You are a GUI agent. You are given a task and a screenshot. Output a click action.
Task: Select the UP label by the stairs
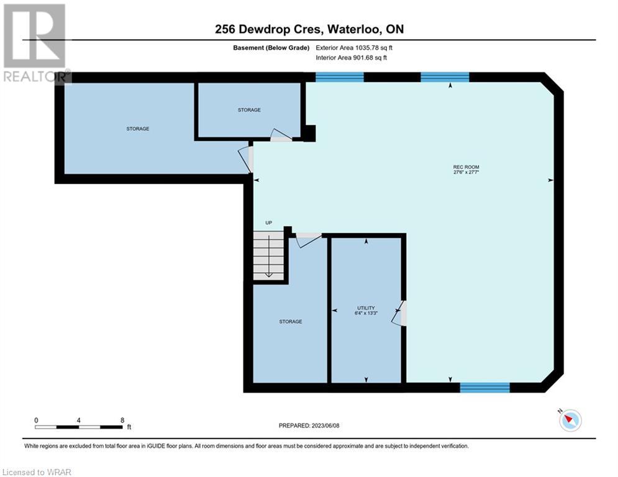tap(268, 223)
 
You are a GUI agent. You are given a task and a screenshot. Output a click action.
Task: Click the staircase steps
tap(268, 255)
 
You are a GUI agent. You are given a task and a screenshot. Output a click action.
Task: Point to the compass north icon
tap(570, 420)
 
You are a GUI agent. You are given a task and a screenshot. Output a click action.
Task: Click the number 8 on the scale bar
tap(122, 420)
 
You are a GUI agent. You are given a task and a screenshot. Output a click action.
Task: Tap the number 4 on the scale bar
tap(79, 420)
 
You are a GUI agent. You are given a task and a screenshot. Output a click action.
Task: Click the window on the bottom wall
tap(485, 388)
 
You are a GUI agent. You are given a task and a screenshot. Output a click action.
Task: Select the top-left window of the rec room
tap(340, 77)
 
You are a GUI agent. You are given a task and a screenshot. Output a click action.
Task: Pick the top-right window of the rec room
tap(445, 77)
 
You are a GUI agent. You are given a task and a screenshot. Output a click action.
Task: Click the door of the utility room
tap(399, 314)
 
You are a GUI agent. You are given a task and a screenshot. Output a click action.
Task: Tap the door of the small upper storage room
tap(281, 135)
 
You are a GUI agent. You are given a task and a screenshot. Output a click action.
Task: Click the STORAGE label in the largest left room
tap(137, 129)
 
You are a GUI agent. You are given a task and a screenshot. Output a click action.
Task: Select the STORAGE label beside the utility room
tap(291, 322)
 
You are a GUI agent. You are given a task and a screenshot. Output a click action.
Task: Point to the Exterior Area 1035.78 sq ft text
tap(354, 48)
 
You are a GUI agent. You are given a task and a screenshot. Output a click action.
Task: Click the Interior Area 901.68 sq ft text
tap(351, 58)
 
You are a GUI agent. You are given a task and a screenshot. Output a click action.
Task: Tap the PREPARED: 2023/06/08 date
tap(309, 425)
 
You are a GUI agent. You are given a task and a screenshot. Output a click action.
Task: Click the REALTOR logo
tap(35, 43)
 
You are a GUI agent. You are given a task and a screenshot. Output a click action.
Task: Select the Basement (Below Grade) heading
tap(271, 48)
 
